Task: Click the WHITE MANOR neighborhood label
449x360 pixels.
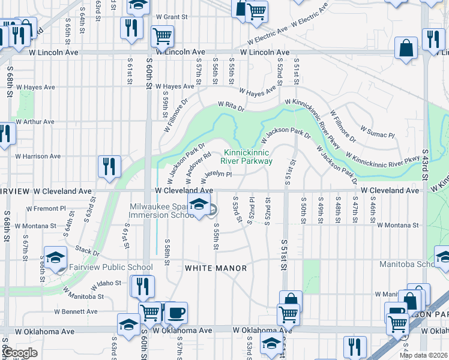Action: (x=215, y=268)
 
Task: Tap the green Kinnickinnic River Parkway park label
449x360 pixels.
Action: (x=247, y=157)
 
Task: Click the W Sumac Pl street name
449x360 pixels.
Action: (x=376, y=131)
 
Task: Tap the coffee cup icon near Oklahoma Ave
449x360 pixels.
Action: (x=176, y=312)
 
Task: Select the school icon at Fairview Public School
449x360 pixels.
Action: (x=56, y=257)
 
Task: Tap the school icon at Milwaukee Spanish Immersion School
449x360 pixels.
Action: (x=199, y=204)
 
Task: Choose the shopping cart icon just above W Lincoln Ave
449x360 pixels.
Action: (x=162, y=35)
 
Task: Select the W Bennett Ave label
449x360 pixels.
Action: (x=76, y=311)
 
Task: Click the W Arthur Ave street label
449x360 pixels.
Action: (x=35, y=122)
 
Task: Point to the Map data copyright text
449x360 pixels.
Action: (x=424, y=355)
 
